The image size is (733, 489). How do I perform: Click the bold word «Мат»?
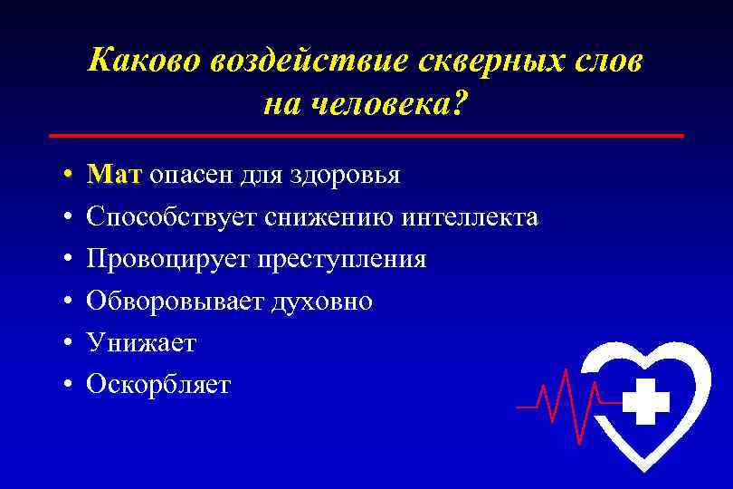(x=114, y=175)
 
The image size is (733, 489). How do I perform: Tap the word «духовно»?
(x=320, y=302)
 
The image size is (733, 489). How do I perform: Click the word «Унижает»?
(x=141, y=343)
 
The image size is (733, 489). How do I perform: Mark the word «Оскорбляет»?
(x=158, y=385)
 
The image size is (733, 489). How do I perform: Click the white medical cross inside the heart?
(x=646, y=401)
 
